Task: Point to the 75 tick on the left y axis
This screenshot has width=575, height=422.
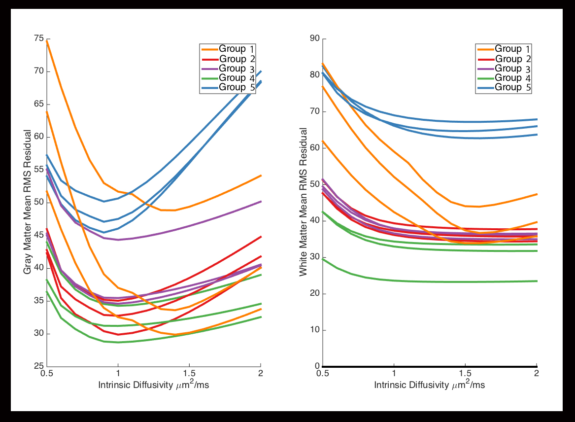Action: click(38, 39)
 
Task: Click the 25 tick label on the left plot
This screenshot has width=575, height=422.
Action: click(38, 366)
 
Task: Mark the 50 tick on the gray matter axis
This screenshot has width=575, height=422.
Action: click(38, 203)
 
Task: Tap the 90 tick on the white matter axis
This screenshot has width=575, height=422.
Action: click(314, 39)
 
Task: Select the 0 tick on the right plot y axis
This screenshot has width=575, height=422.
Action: click(316, 366)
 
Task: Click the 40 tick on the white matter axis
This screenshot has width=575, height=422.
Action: click(314, 221)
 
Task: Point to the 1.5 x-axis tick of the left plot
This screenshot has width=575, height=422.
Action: click(189, 374)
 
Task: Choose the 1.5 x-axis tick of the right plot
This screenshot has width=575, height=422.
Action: click(465, 374)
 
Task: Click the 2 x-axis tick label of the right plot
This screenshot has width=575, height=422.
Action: click(537, 374)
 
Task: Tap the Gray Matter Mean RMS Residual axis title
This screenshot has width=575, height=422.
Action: click(28, 203)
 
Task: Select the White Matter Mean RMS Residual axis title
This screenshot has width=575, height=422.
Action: click(304, 203)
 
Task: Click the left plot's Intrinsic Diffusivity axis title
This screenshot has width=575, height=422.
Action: click(153, 385)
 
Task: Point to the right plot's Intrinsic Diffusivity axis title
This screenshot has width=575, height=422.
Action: click(429, 385)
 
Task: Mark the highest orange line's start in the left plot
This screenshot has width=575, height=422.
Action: click(47, 41)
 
